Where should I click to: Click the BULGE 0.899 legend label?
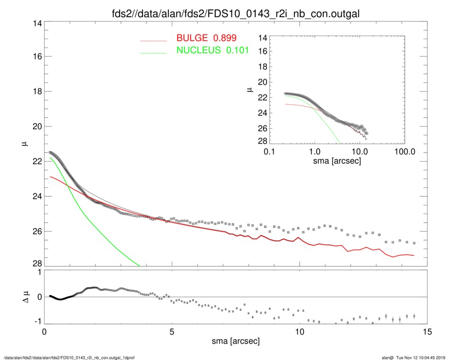[206, 38]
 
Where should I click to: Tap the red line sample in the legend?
[153, 40]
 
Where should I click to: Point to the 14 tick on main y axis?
[35, 23]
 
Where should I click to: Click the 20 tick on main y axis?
[35, 127]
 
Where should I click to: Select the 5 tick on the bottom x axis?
[172, 332]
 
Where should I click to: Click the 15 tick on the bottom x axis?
[428, 332]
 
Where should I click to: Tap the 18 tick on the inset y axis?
[263, 67]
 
